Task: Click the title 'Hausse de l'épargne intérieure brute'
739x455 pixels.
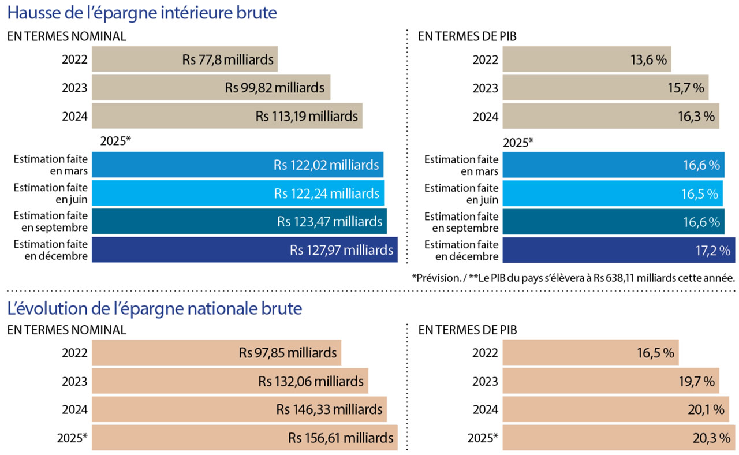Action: pos(141,13)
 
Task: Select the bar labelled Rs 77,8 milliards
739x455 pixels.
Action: pos(185,59)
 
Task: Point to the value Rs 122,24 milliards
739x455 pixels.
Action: pos(327,193)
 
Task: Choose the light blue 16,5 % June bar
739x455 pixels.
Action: pos(612,193)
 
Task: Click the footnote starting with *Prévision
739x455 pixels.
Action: pos(573,277)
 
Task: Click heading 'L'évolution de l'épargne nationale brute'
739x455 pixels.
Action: pos(154,309)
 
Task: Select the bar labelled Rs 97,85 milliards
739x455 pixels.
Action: pos(217,352)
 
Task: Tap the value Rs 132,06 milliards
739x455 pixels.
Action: pos(311,381)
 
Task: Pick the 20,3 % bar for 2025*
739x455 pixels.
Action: pos(618,437)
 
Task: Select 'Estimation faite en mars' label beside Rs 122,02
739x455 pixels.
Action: pos(50,165)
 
